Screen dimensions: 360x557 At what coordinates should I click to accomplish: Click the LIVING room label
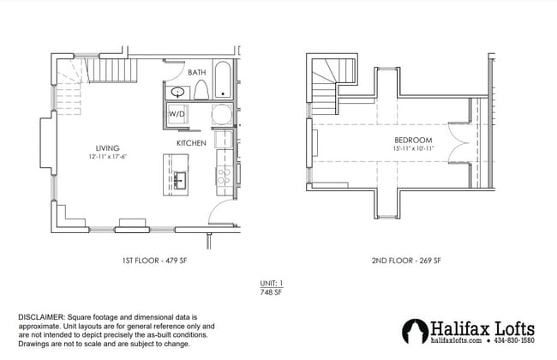click(107, 147)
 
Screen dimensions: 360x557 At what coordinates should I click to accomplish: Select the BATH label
click(196, 73)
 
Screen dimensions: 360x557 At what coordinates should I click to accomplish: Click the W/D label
click(177, 114)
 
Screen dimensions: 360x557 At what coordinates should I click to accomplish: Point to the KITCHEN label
click(190, 142)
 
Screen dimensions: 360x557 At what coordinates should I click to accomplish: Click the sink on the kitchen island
click(182, 179)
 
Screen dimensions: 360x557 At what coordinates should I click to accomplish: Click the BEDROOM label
click(413, 140)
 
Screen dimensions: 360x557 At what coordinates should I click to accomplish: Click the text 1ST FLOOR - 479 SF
click(150, 260)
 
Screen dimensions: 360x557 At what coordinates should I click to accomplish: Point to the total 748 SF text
click(271, 292)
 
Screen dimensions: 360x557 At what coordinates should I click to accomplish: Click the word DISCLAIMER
click(42, 316)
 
